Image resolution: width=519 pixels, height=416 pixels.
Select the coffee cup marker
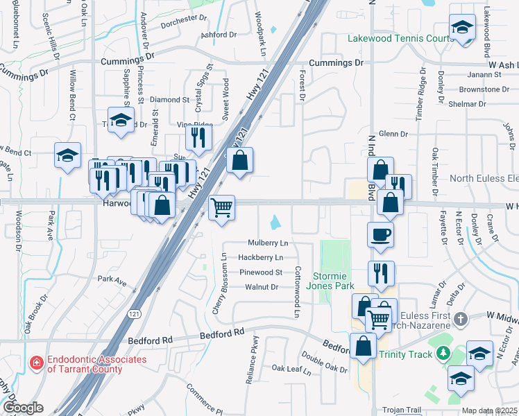click(x=381, y=236)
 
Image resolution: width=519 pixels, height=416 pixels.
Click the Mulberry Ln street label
click(x=268, y=243)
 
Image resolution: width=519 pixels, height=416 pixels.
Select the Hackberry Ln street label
click(x=260, y=258)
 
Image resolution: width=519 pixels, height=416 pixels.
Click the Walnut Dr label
click(x=262, y=286)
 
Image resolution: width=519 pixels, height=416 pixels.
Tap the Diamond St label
click(x=169, y=100)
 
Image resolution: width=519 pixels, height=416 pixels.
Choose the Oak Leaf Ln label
click(x=291, y=368)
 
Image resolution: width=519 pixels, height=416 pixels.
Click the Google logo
click(x=23, y=408)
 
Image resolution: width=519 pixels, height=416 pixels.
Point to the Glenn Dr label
click(x=393, y=134)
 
